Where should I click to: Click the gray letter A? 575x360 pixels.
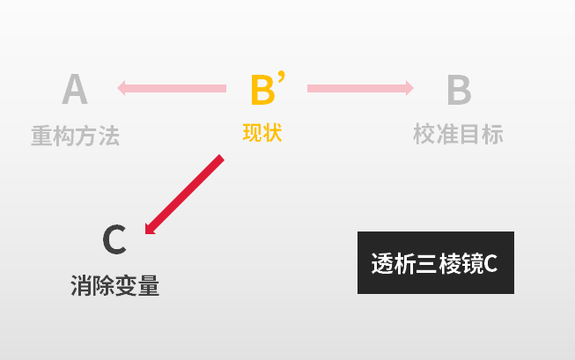pos(75,89)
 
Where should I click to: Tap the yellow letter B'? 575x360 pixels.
pos(268,88)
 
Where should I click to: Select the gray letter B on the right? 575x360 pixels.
pos(459,90)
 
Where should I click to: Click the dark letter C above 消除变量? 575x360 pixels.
pos(114,239)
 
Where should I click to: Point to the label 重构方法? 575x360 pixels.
pos(76,136)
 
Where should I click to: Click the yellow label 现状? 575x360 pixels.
pos(262,133)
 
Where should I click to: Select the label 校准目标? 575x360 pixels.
pos(458,134)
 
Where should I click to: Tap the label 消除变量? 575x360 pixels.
pos(114,285)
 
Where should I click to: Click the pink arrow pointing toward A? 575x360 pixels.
pos(172,88)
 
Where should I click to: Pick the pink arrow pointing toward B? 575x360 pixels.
pos(360,88)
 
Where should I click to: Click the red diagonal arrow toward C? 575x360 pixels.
pos(184,195)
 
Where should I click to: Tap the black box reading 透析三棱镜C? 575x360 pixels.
pos(436,262)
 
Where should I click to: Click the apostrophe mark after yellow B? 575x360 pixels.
pos(281,77)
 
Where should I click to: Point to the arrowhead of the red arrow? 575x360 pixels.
pos(150,229)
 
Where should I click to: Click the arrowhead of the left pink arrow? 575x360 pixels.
pos(122,88)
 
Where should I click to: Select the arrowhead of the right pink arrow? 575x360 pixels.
pos(409,88)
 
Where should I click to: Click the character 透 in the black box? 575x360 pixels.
pos(382,263)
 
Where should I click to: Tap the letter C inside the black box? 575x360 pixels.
pos(490,264)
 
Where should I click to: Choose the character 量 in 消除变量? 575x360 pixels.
pos(149,285)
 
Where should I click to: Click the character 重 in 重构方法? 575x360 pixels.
pos(42,136)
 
